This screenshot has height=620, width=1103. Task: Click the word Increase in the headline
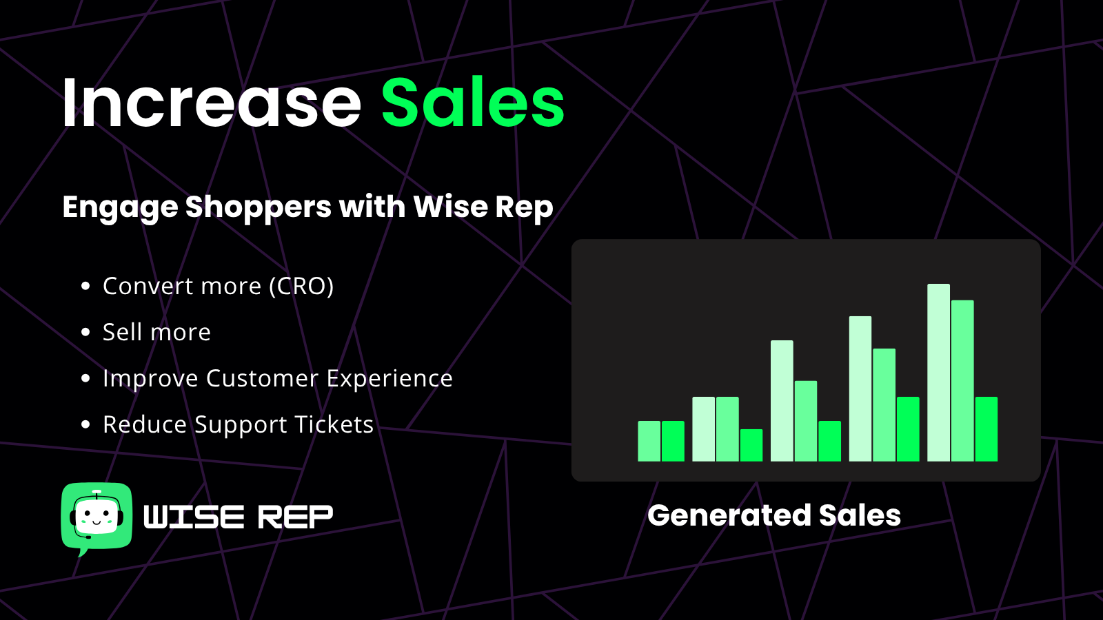point(212,103)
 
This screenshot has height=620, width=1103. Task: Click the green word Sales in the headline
point(473,103)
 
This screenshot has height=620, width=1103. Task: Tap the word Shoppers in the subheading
point(258,207)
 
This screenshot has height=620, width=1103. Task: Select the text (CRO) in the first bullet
point(301,286)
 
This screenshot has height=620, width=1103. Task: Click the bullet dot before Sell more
point(85,332)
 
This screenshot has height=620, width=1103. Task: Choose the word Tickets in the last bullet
point(334,424)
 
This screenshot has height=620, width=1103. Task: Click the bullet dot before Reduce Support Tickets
point(85,424)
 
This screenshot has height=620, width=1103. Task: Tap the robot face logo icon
point(97,517)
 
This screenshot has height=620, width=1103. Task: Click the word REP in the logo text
point(295,517)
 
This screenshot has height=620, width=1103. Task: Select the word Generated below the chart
point(729,516)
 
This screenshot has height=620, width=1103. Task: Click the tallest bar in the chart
point(938,373)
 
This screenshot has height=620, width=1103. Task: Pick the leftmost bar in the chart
point(649,441)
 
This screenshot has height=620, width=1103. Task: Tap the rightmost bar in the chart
point(986,429)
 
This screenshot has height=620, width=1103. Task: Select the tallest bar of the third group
point(782,400)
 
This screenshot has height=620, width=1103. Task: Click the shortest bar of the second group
point(751,445)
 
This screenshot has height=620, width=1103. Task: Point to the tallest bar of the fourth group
point(860,389)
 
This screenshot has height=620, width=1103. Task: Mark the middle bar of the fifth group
point(962,381)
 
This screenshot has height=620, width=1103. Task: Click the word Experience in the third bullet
point(389,379)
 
